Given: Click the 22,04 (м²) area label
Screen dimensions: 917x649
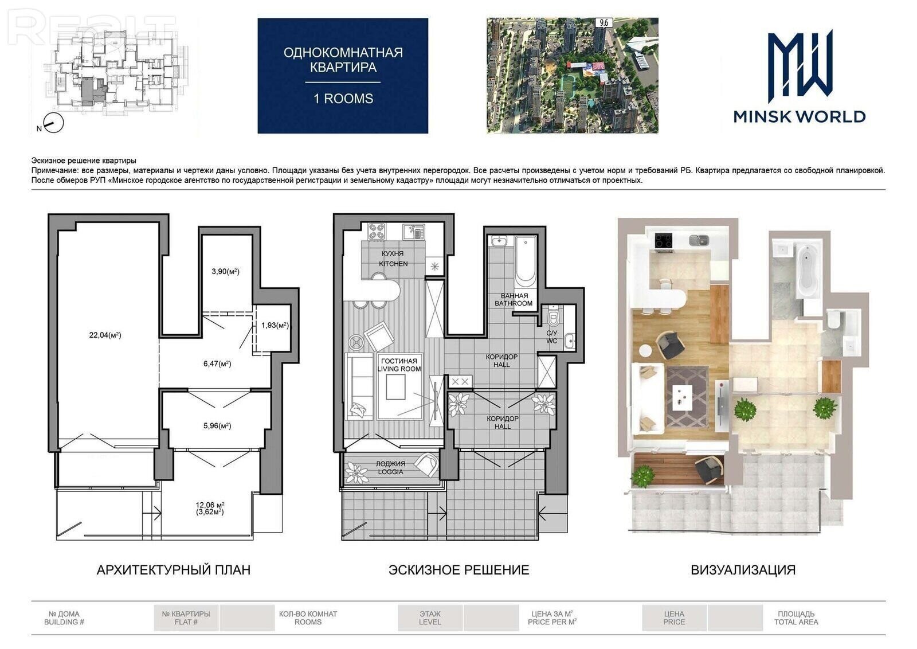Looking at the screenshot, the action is pos(105,335).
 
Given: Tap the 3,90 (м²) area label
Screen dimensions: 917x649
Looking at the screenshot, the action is pos(226,271).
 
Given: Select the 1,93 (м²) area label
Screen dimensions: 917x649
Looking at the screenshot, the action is pos(275,326).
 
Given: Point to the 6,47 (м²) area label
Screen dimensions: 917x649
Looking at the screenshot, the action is pos(217,363).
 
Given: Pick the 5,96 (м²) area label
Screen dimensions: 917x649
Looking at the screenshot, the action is pos(217,426).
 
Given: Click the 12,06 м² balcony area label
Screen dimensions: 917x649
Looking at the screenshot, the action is pos(210,505).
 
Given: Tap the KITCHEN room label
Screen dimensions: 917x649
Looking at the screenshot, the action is pos(393,264).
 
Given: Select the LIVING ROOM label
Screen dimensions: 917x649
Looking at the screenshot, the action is pos(399,369).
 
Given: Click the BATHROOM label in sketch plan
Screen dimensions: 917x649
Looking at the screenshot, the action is pos(514,303).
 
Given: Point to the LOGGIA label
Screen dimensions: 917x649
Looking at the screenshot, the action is pos(390,472).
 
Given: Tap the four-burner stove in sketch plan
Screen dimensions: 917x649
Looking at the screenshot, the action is pos(377,232).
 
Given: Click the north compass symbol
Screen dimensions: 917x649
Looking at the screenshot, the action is pos(54,123).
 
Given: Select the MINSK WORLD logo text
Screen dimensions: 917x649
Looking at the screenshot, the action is pos(799,117).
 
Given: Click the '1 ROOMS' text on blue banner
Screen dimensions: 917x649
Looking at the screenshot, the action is pos(343,99).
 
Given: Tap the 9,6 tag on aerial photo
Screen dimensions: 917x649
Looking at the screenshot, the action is pos(604,22).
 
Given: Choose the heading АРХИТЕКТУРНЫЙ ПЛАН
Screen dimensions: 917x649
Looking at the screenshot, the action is pos(174,569).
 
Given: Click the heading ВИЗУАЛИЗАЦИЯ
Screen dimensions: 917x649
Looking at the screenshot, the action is pos(743,569).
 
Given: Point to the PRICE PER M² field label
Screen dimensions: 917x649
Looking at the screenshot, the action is pos(552,622).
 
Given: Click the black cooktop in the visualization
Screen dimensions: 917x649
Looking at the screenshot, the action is pos(664,240).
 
